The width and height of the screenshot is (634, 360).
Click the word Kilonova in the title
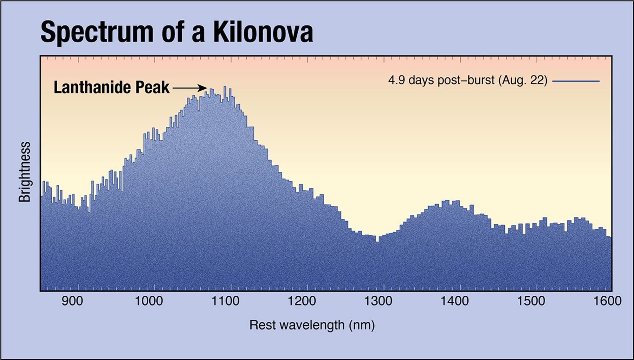263,32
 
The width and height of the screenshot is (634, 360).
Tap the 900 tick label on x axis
72,301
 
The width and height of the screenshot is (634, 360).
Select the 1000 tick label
149,301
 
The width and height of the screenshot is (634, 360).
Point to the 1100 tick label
225,301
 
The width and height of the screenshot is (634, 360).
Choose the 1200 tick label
302,301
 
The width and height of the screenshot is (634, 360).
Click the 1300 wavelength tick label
378,301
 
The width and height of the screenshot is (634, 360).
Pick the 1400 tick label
455,301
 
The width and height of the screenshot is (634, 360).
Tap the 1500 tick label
531,301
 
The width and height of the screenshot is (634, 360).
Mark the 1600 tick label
607,301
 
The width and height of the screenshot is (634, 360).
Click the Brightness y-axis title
25,172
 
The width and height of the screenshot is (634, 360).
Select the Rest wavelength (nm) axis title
312,325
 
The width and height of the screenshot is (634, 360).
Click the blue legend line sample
576,81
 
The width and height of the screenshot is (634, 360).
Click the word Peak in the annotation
152,87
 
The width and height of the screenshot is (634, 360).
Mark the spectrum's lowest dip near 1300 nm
377,241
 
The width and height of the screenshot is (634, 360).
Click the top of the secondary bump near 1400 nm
447,201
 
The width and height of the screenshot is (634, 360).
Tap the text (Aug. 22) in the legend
523,80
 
